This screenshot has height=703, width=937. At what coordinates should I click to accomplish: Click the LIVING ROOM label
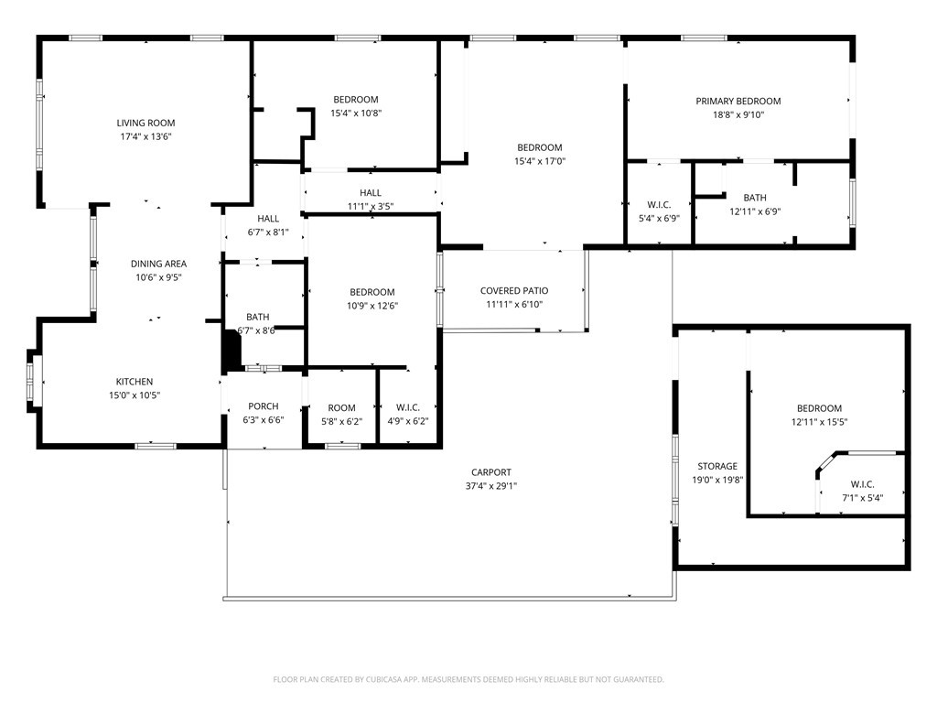pyautogui.click(x=145, y=124)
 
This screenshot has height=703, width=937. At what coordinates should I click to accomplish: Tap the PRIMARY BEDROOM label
pyautogui.click(x=738, y=101)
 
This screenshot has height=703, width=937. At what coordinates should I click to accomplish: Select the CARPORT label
pyautogui.click(x=491, y=472)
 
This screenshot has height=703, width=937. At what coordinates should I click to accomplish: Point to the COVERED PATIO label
pyautogui.click(x=514, y=290)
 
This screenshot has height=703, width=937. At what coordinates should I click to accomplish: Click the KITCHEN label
pyautogui.click(x=135, y=382)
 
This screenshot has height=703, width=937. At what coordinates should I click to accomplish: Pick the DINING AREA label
pyautogui.click(x=158, y=264)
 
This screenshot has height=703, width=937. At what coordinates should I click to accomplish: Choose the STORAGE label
pyautogui.click(x=717, y=466)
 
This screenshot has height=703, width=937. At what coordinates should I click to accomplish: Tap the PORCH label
pyautogui.click(x=263, y=406)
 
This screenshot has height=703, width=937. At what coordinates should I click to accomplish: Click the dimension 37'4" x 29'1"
pyautogui.click(x=491, y=486)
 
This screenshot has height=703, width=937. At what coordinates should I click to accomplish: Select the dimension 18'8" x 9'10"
pyautogui.click(x=738, y=114)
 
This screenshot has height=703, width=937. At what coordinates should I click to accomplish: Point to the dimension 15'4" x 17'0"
pyautogui.click(x=540, y=161)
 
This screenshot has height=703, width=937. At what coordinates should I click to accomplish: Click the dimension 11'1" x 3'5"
pyautogui.click(x=371, y=206)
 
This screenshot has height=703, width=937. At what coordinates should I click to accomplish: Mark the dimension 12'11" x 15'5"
pyautogui.click(x=819, y=421)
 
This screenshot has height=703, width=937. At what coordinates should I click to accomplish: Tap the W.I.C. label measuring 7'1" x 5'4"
pyautogui.click(x=862, y=484)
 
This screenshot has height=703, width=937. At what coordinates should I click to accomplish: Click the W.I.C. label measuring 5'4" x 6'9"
pyautogui.click(x=659, y=204)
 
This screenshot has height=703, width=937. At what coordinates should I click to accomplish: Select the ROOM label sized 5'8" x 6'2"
pyautogui.click(x=342, y=407)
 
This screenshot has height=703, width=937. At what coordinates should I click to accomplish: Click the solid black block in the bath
pyautogui.click(x=231, y=351)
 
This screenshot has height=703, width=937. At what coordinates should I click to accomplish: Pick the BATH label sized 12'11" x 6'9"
pyautogui.click(x=755, y=198)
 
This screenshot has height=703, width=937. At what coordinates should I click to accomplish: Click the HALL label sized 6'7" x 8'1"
pyautogui.click(x=268, y=219)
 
